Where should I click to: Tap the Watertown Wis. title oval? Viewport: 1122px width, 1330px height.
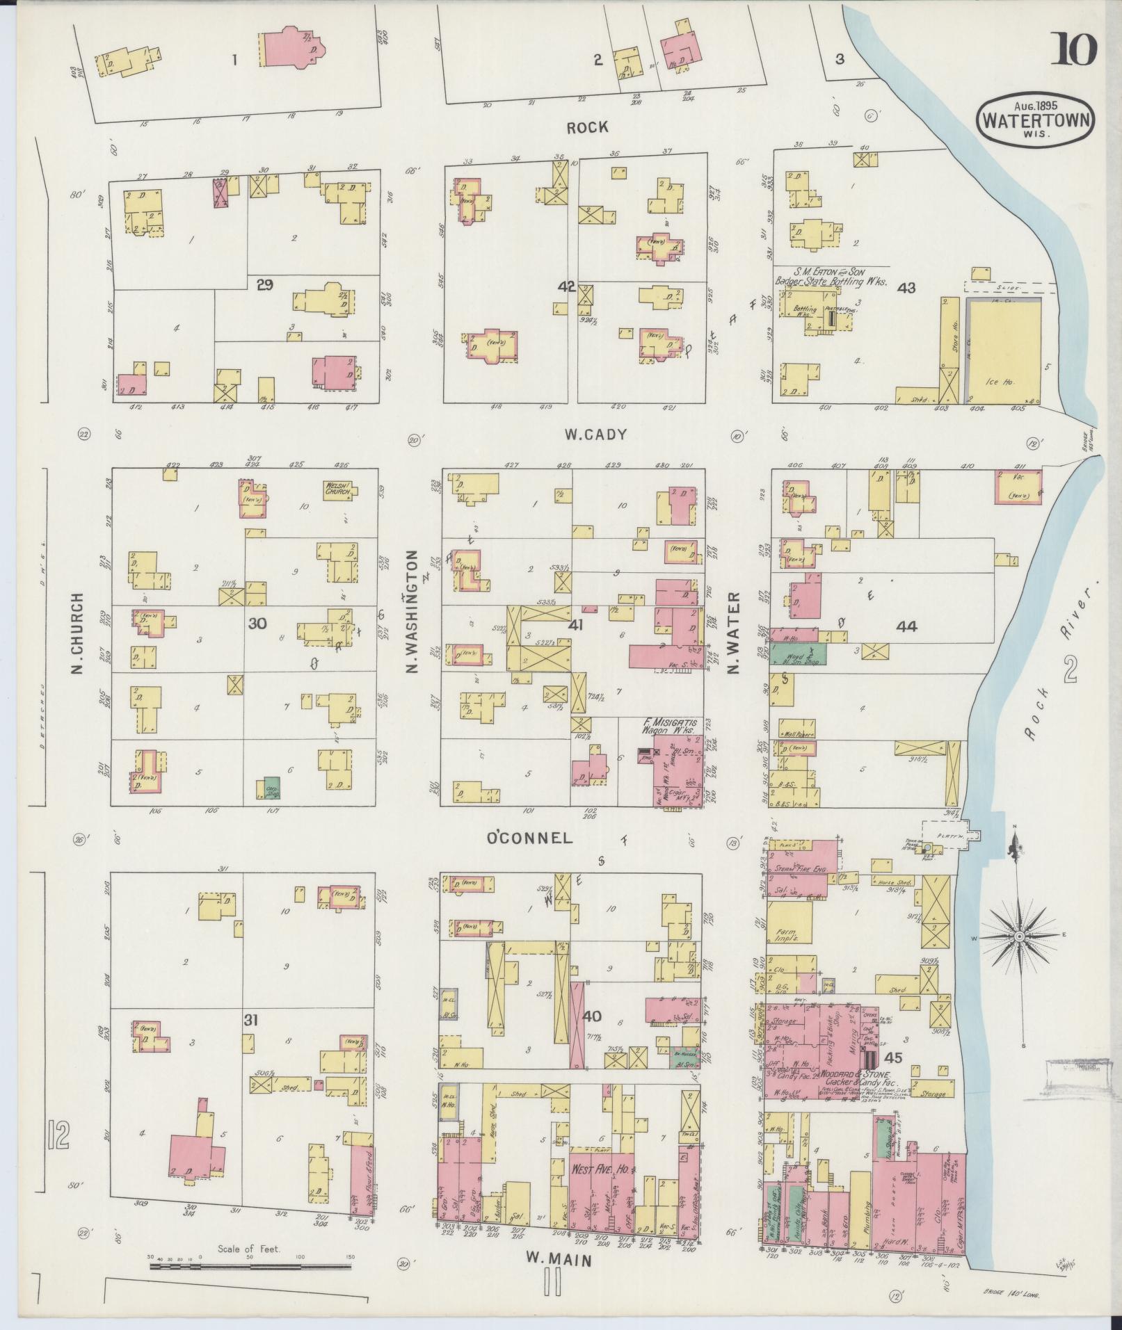1036,120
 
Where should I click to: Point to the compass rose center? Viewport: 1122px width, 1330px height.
1018,938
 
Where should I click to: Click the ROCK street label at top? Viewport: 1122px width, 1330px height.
586,127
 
